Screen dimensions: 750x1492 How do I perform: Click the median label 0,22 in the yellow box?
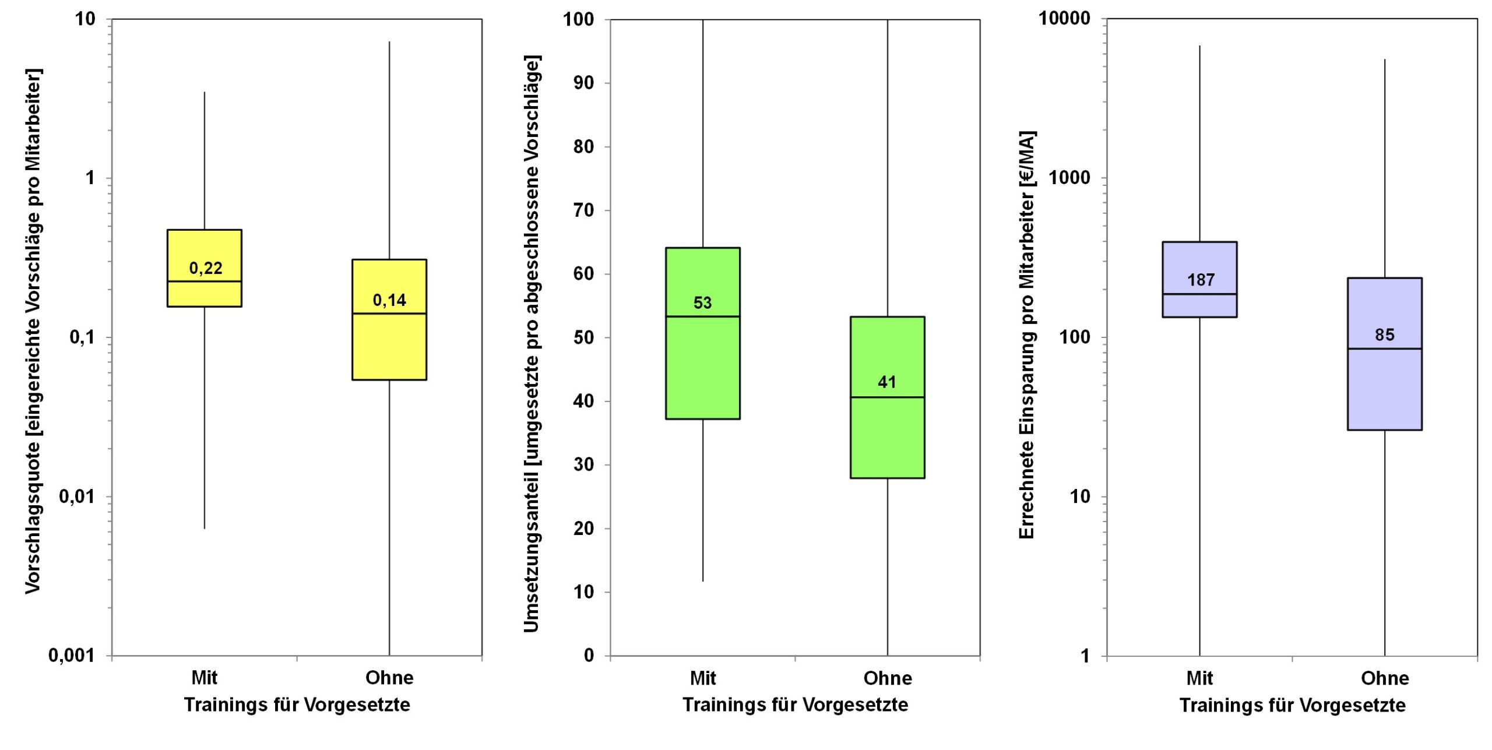206,269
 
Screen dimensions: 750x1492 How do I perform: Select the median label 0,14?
389,301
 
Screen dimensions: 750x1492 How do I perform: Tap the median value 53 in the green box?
702,303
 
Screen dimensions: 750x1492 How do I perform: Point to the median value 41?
887,382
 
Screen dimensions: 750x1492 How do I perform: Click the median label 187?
1201,280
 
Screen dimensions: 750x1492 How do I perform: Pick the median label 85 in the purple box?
1385,335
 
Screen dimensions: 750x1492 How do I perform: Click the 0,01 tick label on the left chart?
76,497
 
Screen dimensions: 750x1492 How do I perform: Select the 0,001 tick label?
71,656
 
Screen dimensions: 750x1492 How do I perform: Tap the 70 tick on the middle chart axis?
583,210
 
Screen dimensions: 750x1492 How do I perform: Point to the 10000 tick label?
1064,19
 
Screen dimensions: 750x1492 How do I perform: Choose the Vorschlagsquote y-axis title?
33,331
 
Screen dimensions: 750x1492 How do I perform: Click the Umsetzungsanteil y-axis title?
532,344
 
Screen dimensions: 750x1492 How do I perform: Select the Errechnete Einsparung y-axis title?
1027,335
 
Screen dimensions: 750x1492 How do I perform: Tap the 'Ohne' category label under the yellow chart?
389,678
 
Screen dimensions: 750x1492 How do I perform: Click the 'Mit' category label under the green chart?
703,678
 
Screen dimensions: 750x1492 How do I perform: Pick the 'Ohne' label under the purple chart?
1385,678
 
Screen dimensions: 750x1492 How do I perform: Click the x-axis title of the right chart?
1293,706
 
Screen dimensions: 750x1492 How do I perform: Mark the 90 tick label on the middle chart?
583,83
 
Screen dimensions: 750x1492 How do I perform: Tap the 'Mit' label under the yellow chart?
204,678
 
